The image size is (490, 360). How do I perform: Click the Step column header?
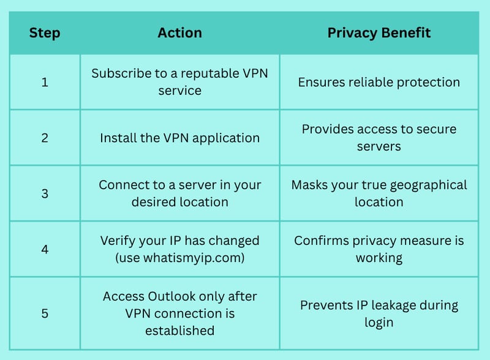coord(45,34)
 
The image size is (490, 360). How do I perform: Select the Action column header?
coord(179,33)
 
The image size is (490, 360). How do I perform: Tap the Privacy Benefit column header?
coord(379,34)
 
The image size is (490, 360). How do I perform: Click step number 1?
coord(45,82)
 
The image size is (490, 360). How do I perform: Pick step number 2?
coord(45,138)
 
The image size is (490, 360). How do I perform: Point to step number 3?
coord(45,193)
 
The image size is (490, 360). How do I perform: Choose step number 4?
coord(45,249)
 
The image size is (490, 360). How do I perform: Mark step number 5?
coord(45,313)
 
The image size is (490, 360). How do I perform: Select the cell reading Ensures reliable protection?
coord(379,83)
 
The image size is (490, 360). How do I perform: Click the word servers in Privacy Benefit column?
coord(379,146)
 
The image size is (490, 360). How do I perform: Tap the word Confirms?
coord(322,241)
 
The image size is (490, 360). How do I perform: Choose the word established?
coord(179,331)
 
